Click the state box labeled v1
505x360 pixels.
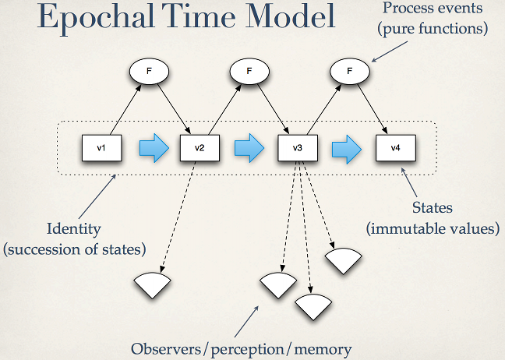(x=101, y=147)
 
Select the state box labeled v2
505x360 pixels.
(x=199, y=147)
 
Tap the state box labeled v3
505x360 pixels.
(x=297, y=147)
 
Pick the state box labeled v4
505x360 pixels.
(x=394, y=147)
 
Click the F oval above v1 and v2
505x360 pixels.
(x=150, y=72)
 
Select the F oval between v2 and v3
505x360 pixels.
(x=249, y=72)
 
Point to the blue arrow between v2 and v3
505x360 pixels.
(x=248, y=147)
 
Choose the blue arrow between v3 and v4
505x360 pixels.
(x=345, y=147)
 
